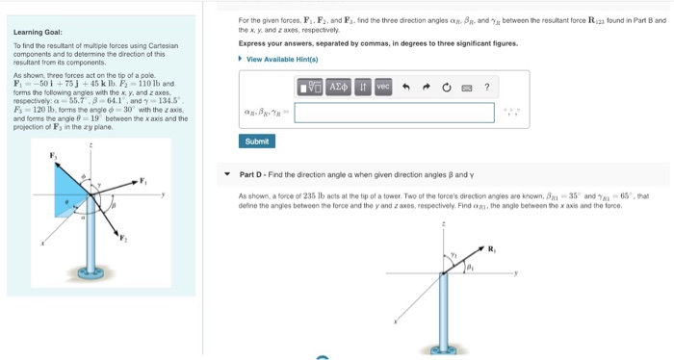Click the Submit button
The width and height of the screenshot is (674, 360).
pyautogui.click(x=257, y=141)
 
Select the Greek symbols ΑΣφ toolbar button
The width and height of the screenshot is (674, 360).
pyautogui.click(x=338, y=88)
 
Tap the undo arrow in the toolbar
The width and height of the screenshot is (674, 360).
pyautogui.click(x=407, y=88)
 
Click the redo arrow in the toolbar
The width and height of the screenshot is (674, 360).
pyautogui.click(x=426, y=88)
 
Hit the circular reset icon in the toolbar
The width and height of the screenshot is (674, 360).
pyautogui.click(x=446, y=88)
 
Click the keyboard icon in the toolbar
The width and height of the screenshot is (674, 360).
pyautogui.click(x=467, y=88)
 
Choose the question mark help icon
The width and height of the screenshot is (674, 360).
pyautogui.click(x=487, y=88)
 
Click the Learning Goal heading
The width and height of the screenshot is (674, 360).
pyautogui.click(x=34, y=31)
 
